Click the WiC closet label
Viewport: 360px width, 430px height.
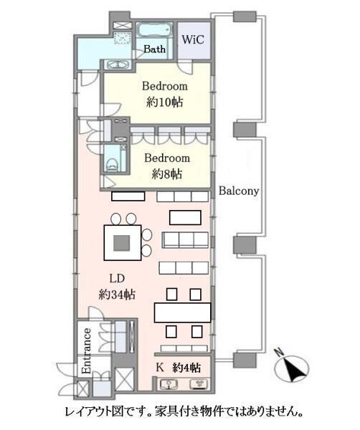(193, 39)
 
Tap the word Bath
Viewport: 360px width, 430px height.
(154, 49)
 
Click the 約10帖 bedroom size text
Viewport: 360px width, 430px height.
(165, 102)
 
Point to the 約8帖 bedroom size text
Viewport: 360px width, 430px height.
(166, 173)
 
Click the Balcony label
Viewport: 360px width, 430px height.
(239, 191)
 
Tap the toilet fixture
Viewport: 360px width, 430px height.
(112, 164)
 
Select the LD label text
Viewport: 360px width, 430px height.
(117, 279)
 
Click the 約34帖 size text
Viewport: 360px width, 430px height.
(117, 295)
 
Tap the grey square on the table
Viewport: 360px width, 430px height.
(122, 243)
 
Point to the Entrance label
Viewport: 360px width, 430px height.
(86, 351)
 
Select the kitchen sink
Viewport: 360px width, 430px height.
(169, 384)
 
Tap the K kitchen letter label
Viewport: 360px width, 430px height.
(160, 368)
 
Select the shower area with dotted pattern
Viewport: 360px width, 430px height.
(123, 38)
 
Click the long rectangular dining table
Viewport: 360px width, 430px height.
(182, 312)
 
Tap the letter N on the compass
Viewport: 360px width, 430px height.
(280, 352)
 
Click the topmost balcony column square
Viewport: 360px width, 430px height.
(245, 16)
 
